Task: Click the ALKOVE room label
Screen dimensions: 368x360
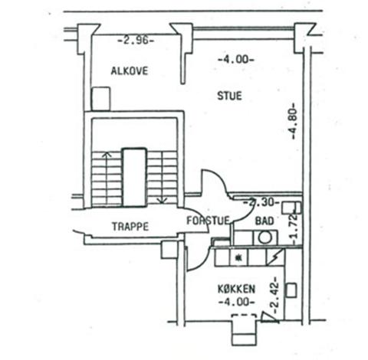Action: (x=130, y=70)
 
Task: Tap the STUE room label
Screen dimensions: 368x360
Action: (x=229, y=96)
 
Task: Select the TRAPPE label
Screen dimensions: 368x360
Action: (x=130, y=227)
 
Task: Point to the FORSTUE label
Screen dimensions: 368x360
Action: (x=208, y=221)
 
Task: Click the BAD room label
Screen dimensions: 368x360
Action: (x=264, y=221)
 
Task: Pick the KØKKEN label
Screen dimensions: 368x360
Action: (x=236, y=289)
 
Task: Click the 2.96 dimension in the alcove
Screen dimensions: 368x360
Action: (x=136, y=41)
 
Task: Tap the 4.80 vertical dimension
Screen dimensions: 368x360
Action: (x=293, y=121)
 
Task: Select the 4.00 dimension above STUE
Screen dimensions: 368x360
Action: (x=236, y=60)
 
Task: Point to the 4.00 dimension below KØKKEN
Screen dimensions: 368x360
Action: (x=237, y=302)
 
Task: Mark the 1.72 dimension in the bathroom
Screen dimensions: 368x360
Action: (x=294, y=228)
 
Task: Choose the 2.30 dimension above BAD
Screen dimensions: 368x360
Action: (x=261, y=203)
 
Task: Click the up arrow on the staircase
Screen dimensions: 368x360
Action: (x=107, y=178)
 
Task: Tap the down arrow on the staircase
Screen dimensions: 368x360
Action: (x=162, y=178)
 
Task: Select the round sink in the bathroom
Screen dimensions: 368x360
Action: (x=264, y=237)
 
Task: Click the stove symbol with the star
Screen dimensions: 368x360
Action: (x=239, y=257)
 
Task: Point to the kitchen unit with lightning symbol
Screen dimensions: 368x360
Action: (x=275, y=257)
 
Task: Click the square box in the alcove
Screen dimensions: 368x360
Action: (x=101, y=98)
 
